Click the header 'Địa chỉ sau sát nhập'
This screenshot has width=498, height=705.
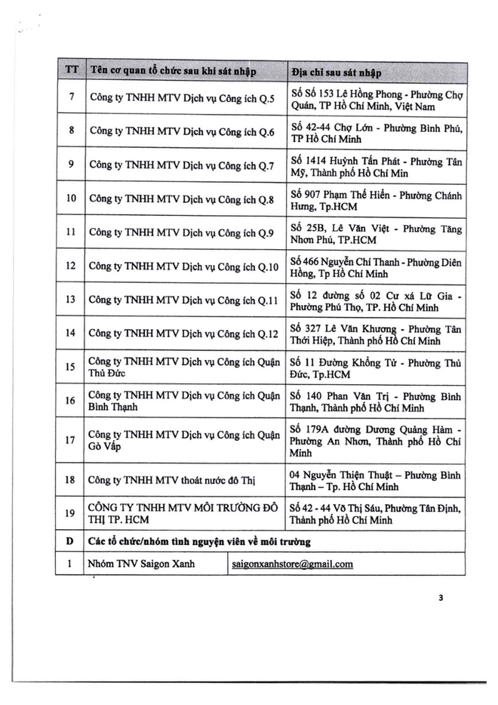[x=335, y=72]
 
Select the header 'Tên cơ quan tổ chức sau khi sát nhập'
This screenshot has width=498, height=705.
[x=173, y=72]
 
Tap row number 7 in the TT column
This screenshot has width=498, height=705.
[x=71, y=97]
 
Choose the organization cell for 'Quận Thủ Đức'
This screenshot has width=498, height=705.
[x=182, y=368]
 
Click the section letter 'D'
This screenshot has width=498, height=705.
[x=70, y=541]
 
